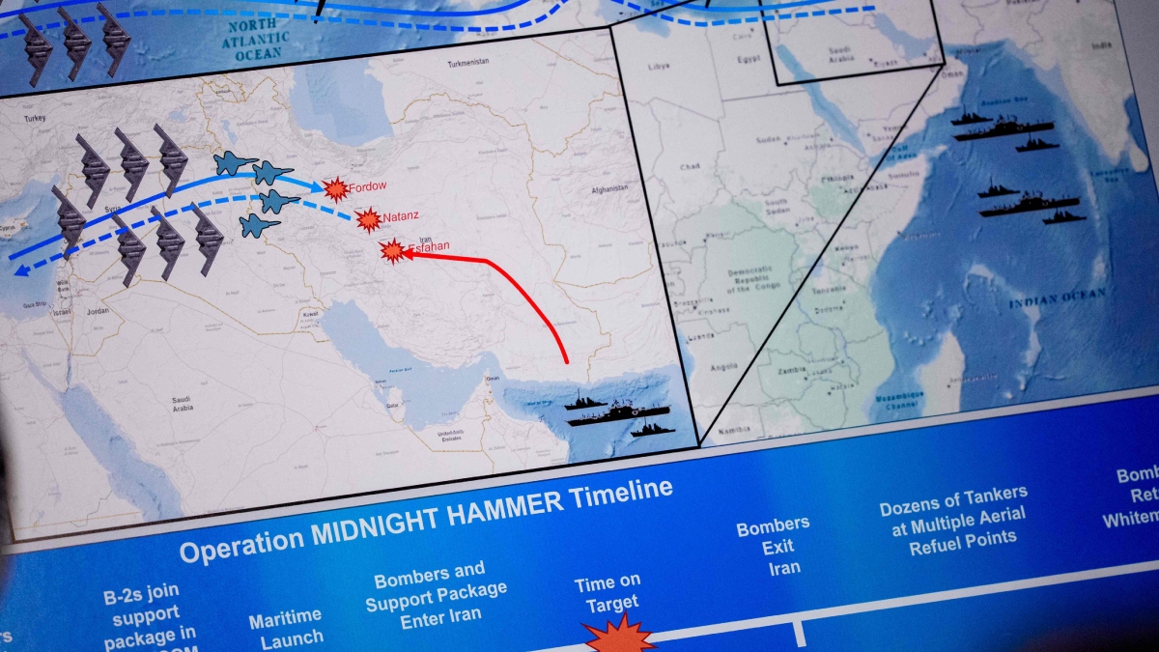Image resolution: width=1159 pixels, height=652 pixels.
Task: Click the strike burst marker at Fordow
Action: pos(336,189)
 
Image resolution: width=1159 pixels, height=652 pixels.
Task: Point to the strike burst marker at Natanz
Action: pos(368,220)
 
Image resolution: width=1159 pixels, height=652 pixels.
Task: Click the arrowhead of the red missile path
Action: pos(410,256)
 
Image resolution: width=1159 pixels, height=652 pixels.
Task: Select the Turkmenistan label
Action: pos(469,66)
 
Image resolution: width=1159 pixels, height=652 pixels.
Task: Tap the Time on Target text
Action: pos(607,593)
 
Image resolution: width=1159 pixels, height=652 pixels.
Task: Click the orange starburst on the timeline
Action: pos(618,636)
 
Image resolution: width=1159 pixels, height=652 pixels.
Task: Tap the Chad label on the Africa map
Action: pos(690,167)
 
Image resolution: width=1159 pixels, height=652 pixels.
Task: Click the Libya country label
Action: pos(659,67)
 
